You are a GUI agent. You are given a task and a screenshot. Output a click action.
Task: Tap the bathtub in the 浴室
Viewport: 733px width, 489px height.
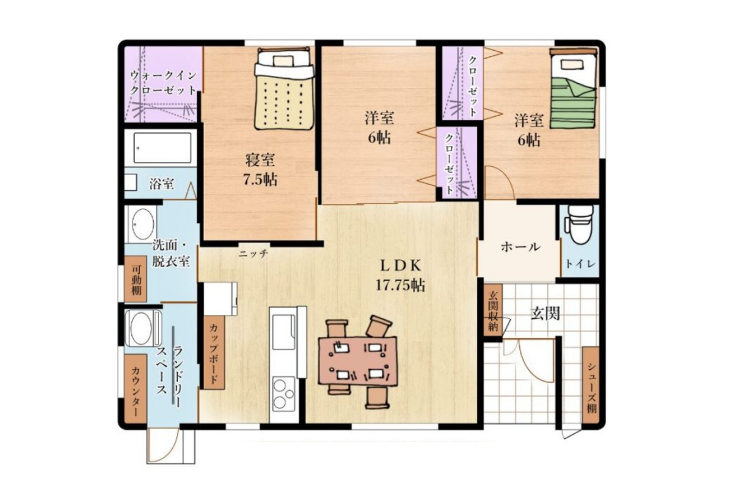tap(162, 148)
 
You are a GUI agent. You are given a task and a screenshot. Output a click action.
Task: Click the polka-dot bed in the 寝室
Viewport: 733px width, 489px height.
tap(283, 89)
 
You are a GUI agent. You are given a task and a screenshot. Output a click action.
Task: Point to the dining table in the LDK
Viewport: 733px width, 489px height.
tap(359, 360)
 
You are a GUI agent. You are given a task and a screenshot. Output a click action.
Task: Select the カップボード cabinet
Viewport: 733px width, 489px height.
tap(214, 353)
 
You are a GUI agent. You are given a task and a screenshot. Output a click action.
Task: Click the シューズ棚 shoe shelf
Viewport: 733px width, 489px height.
tap(591, 385)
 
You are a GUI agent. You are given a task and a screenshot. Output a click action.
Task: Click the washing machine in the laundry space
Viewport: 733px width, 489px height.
tap(144, 328)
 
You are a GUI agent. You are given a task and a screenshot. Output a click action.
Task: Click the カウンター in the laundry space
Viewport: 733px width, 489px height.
tap(135, 388)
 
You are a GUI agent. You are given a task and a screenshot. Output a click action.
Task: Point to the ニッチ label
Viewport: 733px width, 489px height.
tap(253, 254)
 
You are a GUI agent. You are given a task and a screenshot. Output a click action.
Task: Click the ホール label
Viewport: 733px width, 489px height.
tap(520, 247)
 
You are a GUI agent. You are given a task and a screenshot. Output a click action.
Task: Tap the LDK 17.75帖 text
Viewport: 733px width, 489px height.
tap(400, 275)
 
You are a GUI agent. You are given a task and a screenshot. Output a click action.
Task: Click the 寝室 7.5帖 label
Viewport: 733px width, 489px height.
tap(260, 170)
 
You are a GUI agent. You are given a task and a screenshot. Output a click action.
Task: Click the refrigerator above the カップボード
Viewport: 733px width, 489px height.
tap(221, 299)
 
